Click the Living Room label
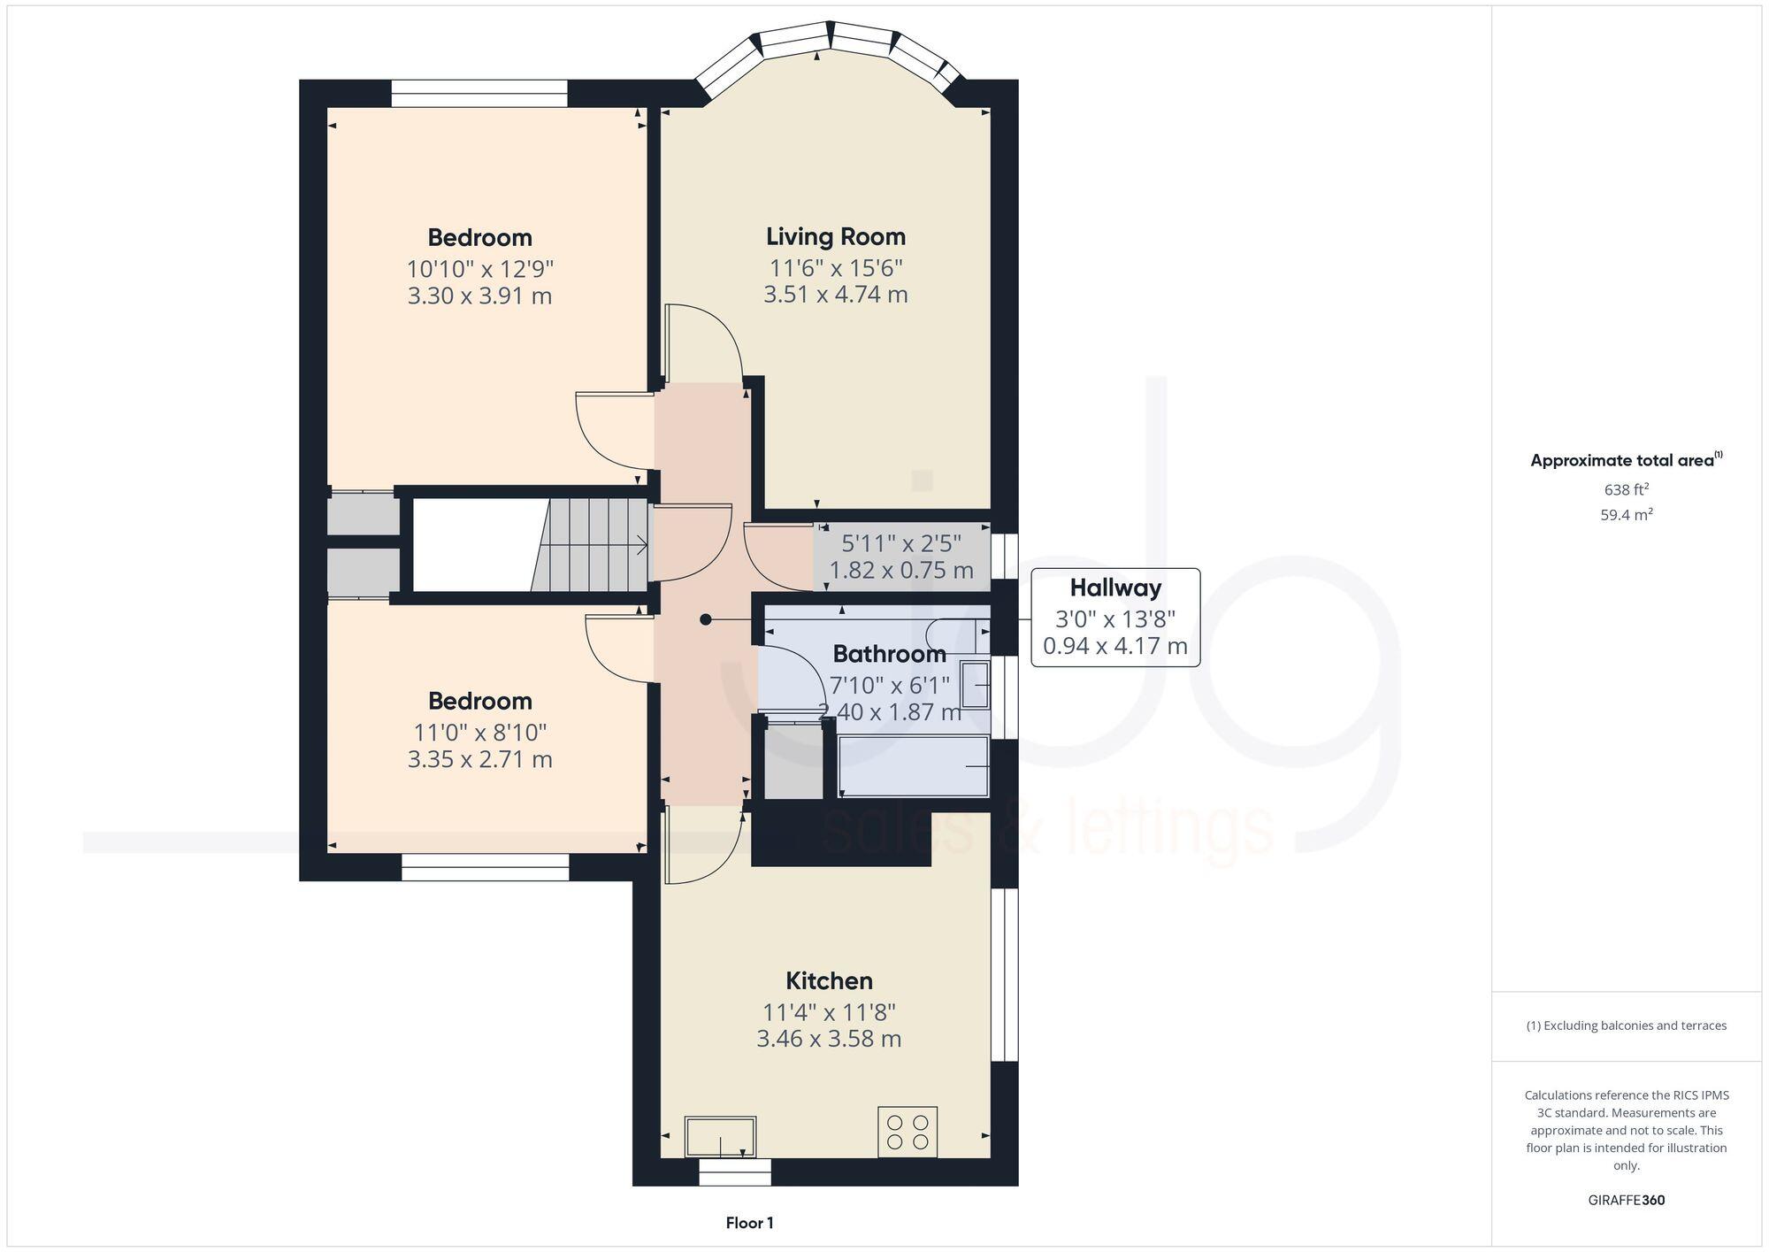[836, 236]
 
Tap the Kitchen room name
[829, 980]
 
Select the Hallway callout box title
[1114, 588]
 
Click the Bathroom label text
[889, 654]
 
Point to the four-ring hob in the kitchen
[907, 1132]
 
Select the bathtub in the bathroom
[913, 766]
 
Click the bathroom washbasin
[976, 685]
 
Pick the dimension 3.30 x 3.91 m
[479, 296]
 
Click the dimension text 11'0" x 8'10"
[479, 732]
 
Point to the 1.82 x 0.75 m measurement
[901, 571]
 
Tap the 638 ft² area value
[1626, 489]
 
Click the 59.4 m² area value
[1626, 515]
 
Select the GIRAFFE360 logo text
[1627, 1201]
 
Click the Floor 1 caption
[749, 1223]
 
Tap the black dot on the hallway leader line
[706, 619]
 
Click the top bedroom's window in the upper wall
[479, 94]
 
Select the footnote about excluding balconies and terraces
[1626, 1025]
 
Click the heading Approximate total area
[1622, 460]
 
